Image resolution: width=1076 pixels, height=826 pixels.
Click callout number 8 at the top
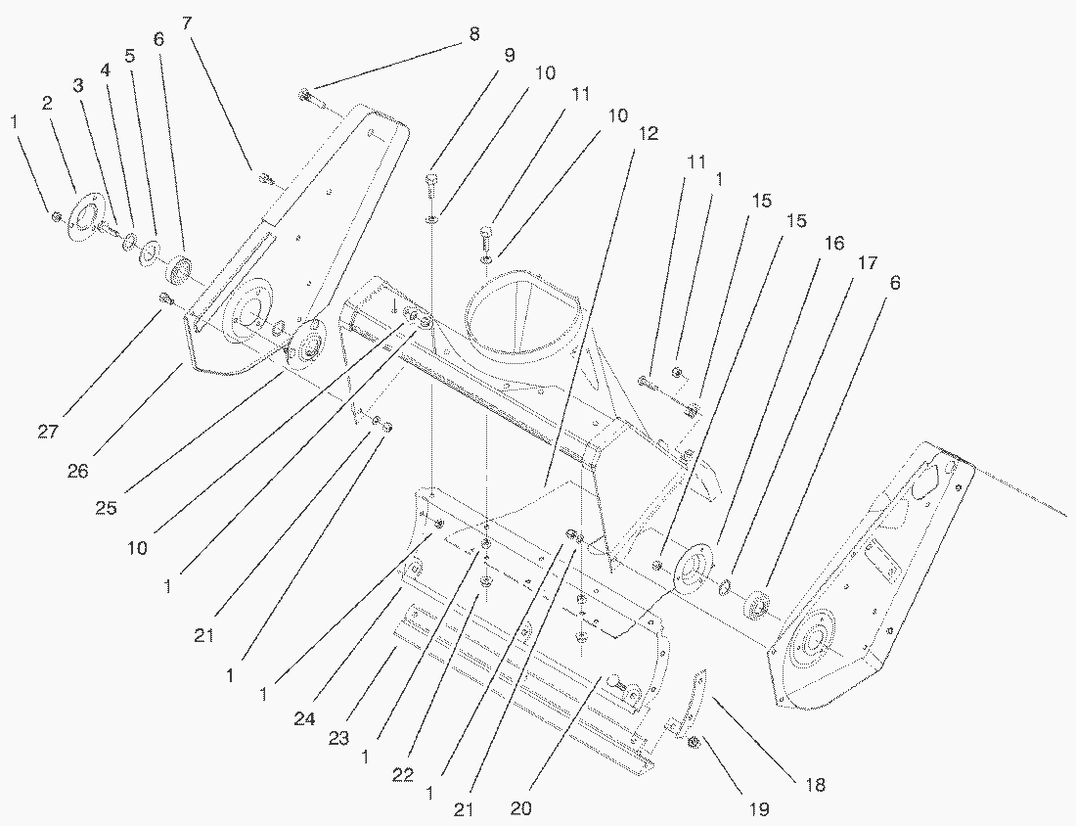pyautogui.click(x=474, y=34)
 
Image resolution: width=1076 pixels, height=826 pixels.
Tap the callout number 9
pyautogui.click(x=509, y=55)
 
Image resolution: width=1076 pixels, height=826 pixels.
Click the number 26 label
pyautogui.click(x=77, y=470)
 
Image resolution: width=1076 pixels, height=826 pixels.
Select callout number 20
pyautogui.click(x=521, y=808)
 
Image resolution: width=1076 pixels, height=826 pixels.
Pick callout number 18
pyautogui.click(x=815, y=784)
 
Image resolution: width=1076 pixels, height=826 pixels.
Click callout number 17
pyautogui.click(x=866, y=263)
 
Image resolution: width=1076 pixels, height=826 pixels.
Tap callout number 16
pyautogui.click(x=834, y=243)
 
